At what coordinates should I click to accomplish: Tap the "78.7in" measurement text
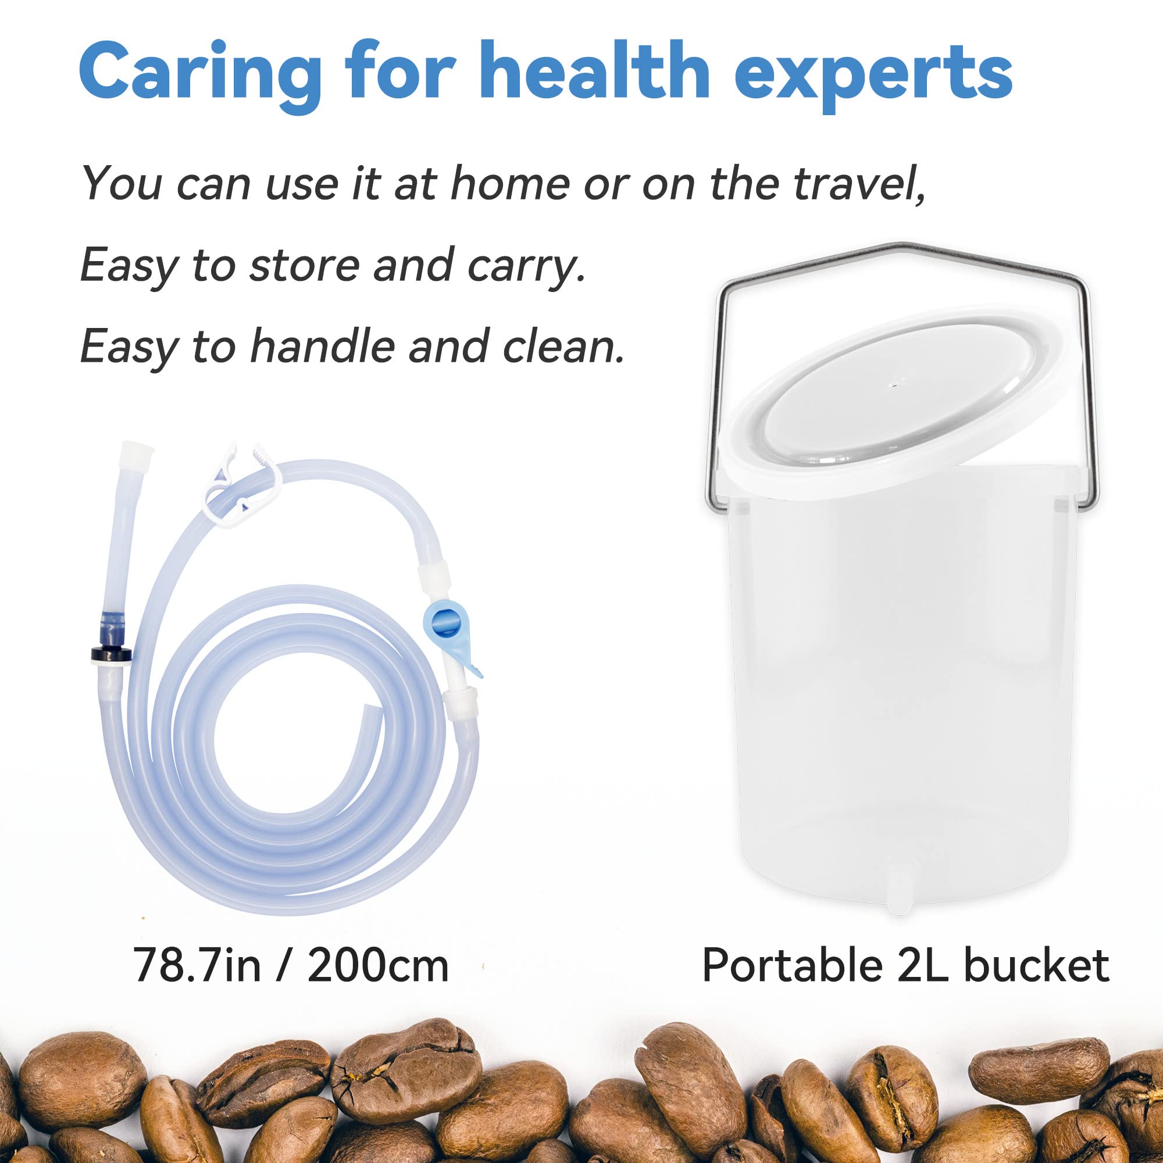195,965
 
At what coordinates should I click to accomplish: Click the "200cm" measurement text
377,965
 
